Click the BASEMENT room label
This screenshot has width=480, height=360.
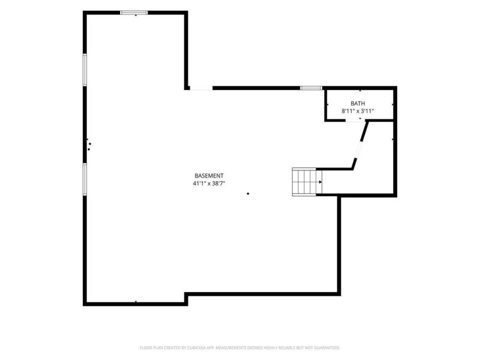(x=209, y=176)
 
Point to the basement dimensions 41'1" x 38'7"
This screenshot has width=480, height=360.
(x=209, y=184)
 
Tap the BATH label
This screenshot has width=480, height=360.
(x=358, y=103)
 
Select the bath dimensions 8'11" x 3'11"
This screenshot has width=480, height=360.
(x=358, y=111)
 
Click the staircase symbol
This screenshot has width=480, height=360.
(x=307, y=182)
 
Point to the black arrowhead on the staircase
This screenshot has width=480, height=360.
(x=320, y=182)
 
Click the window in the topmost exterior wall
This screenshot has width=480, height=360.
(x=134, y=13)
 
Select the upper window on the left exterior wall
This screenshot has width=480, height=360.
(x=85, y=70)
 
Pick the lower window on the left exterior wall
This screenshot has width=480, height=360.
(x=85, y=179)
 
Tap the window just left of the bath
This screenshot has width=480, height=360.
(x=311, y=88)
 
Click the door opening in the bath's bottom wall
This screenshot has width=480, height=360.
(x=355, y=121)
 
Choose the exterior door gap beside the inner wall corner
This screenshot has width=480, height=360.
(x=202, y=88)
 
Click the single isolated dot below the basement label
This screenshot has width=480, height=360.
(x=248, y=194)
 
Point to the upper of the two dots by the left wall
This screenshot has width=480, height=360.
(x=89, y=144)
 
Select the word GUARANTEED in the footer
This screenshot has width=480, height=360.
(x=328, y=348)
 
